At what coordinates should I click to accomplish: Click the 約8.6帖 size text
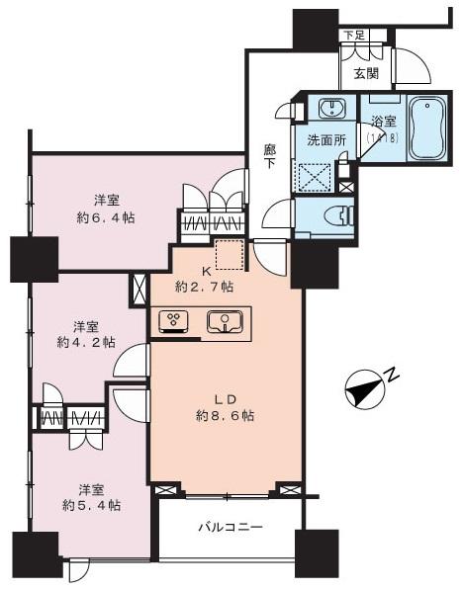[x=227, y=416]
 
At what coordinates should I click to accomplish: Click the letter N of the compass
[x=393, y=376]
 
